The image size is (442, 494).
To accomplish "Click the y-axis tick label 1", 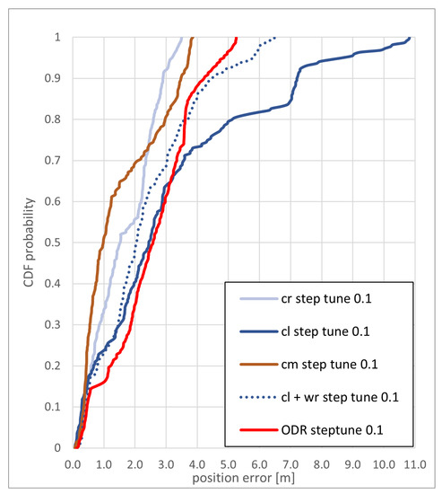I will pyautogui.click(x=61, y=38).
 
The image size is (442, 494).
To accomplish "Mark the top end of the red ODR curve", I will pyautogui.click(x=236, y=38).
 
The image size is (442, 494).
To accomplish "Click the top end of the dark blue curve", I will pyautogui.click(x=410, y=38).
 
